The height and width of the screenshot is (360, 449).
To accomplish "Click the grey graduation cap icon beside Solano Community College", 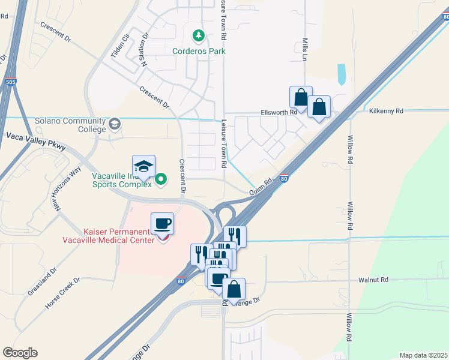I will coord(114,125).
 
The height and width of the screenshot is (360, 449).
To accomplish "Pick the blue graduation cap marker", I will coord(144,166).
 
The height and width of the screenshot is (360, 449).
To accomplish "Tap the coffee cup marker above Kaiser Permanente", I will coord(162,224).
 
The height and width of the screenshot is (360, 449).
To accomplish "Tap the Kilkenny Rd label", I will coord(386,111).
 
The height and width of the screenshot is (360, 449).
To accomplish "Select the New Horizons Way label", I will coord(65,189).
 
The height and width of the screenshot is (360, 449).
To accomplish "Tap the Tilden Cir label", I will coord(120,46).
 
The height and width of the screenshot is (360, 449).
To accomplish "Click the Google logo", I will coord(20,353).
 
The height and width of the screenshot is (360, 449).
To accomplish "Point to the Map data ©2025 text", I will coord(423,355).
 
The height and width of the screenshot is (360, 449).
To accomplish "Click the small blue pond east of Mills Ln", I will coord(342,74).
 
